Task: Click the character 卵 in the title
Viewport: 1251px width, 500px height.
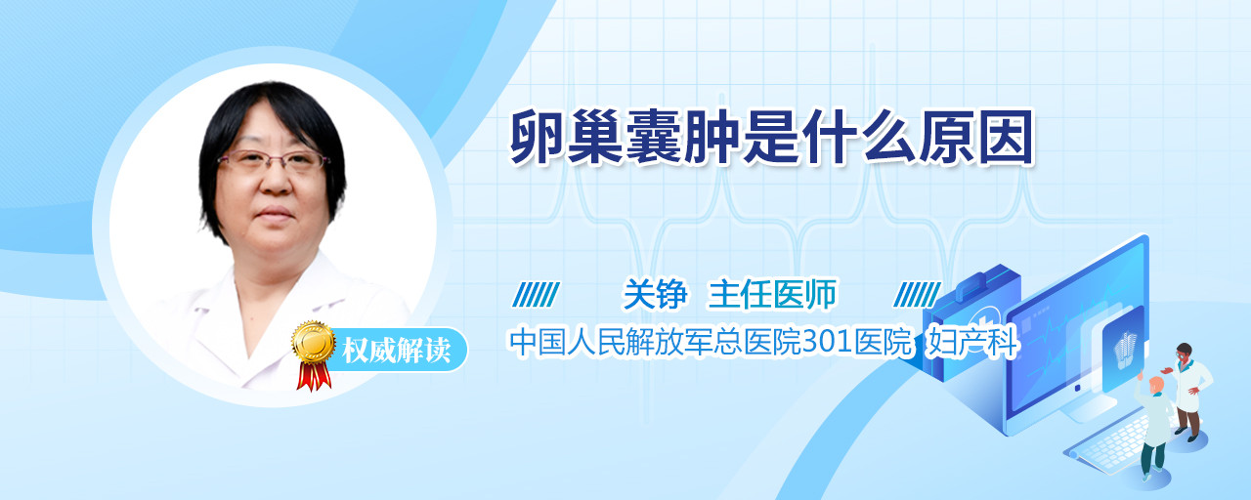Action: pyautogui.click(x=539, y=137)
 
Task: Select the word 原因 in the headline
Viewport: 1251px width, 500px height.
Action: pyautogui.click(x=976, y=137)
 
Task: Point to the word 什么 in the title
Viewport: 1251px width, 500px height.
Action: pyautogui.click(x=859, y=137)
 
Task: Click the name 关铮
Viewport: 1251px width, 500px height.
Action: pyautogui.click(x=655, y=294)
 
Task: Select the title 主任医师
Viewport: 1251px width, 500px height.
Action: pyautogui.click(x=772, y=294)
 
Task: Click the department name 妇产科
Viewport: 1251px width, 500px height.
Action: pyautogui.click(x=972, y=343)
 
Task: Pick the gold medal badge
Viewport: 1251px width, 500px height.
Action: pyautogui.click(x=314, y=341)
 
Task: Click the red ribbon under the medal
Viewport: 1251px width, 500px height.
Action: pyautogui.click(x=314, y=376)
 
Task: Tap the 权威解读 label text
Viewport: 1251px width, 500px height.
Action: pyautogui.click(x=397, y=350)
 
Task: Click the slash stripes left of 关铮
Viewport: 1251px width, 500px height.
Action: pyautogui.click(x=536, y=294)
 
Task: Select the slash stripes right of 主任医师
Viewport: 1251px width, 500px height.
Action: pyautogui.click(x=917, y=294)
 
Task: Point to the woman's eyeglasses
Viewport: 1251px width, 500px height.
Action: pyautogui.click(x=272, y=161)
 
